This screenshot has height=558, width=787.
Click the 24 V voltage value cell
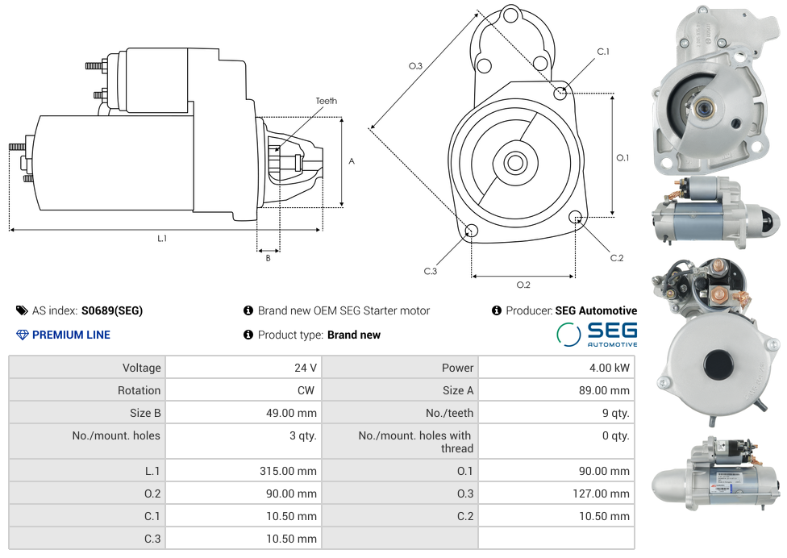(x=305, y=368)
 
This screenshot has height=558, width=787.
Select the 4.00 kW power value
(x=610, y=368)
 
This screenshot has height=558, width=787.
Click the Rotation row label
(x=139, y=390)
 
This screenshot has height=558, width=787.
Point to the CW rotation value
(x=307, y=390)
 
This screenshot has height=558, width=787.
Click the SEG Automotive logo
(x=597, y=335)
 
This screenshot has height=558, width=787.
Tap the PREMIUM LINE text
(x=71, y=335)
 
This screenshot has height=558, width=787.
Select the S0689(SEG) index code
(x=111, y=310)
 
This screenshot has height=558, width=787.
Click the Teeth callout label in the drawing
(x=326, y=101)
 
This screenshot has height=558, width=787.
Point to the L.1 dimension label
(x=162, y=238)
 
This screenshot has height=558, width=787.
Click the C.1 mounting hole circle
(x=560, y=93)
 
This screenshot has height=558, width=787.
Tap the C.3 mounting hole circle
(x=471, y=231)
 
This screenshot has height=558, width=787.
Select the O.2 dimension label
(x=523, y=285)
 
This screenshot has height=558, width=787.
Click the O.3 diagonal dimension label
(x=415, y=66)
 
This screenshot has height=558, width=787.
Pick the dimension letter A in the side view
(x=352, y=161)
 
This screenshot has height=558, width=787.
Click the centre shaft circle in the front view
(x=514, y=163)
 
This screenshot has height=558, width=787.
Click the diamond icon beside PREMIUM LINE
(x=23, y=335)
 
